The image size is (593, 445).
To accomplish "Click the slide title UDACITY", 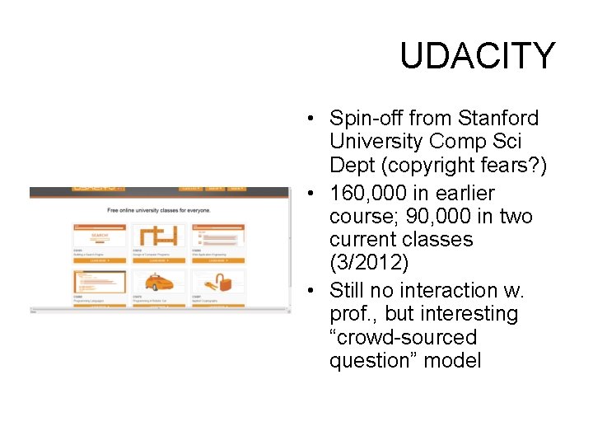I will coord(478,56).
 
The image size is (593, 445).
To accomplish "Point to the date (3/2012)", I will coord(368,264).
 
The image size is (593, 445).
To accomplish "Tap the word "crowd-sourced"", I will coord(403,337).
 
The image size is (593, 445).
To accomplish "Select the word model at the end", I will coord(454,360).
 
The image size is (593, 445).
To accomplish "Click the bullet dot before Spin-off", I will coord(306,119).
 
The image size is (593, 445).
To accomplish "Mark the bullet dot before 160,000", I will coord(306,194).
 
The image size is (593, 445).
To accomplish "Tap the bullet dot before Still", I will coord(306,291).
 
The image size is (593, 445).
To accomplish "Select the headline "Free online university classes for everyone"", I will coord(159,210).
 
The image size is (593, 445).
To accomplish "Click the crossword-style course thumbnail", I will coord(159,236).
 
